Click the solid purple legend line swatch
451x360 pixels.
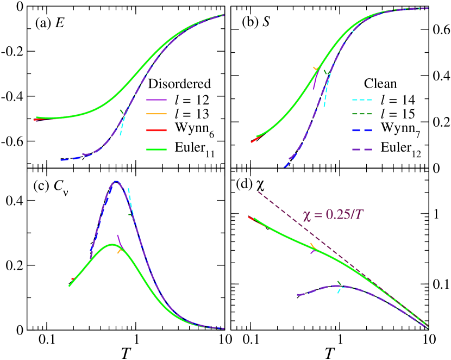click(x=156, y=100)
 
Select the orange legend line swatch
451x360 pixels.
click(x=156, y=114)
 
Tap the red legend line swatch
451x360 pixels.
click(x=156, y=131)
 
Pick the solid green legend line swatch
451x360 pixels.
click(x=156, y=150)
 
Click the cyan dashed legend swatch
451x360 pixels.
click(x=362, y=100)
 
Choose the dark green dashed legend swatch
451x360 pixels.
click(x=362, y=114)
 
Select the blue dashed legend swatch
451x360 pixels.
click(x=362, y=131)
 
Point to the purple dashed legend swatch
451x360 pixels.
click(x=362, y=150)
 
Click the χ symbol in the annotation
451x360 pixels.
click(x=307, y=215)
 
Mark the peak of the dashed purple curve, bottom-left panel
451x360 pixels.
click(x=116, y=182)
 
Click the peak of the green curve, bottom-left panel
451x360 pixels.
click(x=112, y=245)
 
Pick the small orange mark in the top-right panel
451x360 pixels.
click(x=316, y=69)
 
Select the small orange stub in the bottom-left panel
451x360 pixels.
click(x=120, y=251)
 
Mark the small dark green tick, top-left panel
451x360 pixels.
click(x=122, y=112)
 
